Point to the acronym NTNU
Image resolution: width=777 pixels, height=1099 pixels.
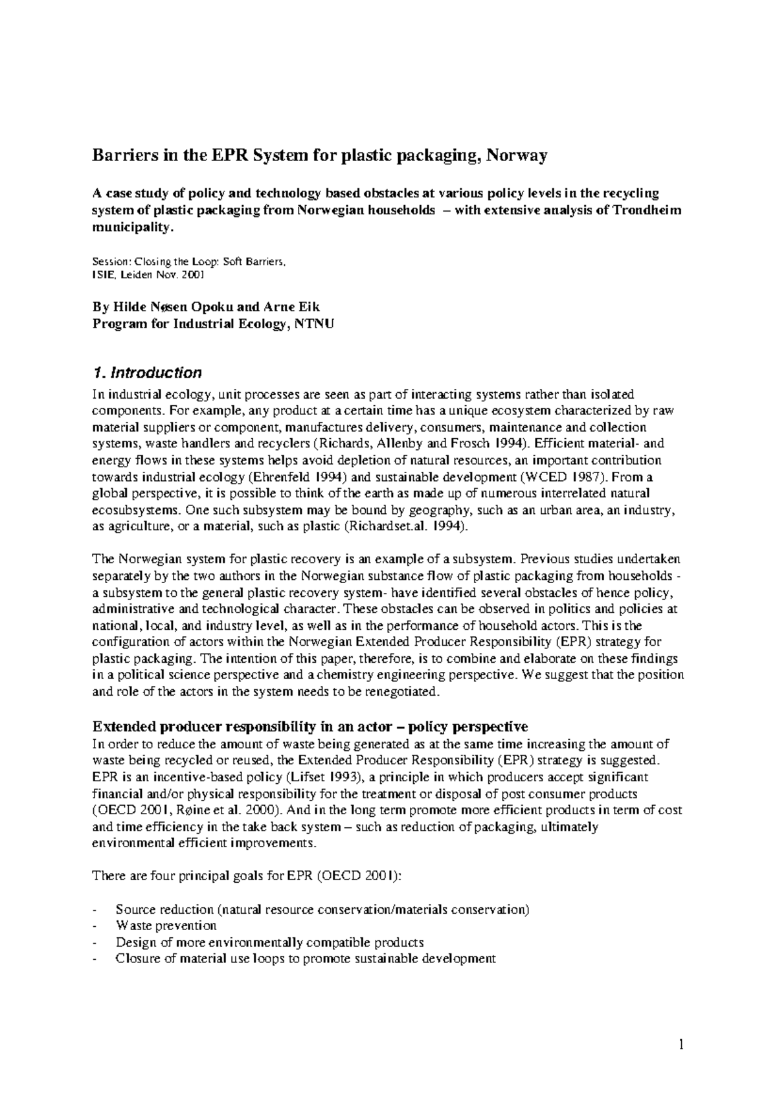point(314,324)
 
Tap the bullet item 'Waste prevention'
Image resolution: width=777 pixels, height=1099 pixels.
point(166,926)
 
